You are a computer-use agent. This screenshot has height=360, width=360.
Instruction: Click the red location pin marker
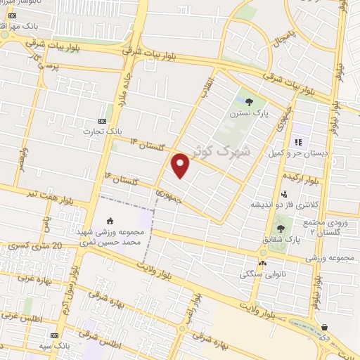181,165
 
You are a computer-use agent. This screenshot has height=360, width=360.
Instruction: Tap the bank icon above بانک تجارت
103,120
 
